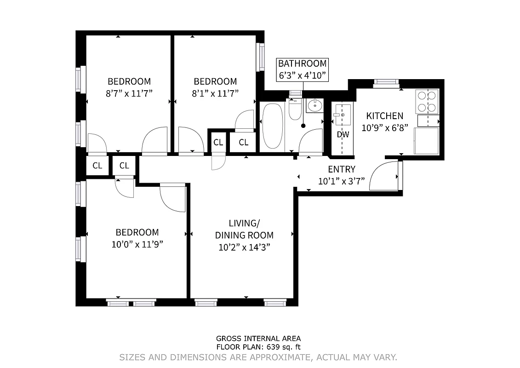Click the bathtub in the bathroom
[272, 125]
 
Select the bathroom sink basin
[314, 105]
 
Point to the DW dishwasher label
[343, 135]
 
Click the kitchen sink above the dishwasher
[343, 114]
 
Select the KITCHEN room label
[384, 116]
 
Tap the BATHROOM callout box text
[302, 64]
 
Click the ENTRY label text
[341, 170]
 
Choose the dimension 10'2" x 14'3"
[244, 247]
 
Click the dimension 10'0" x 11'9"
[137, 244]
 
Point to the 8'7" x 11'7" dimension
[129, 93]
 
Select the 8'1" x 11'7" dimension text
[215, 93]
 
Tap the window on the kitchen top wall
[386, 82]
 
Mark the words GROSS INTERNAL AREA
[258, 339]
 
